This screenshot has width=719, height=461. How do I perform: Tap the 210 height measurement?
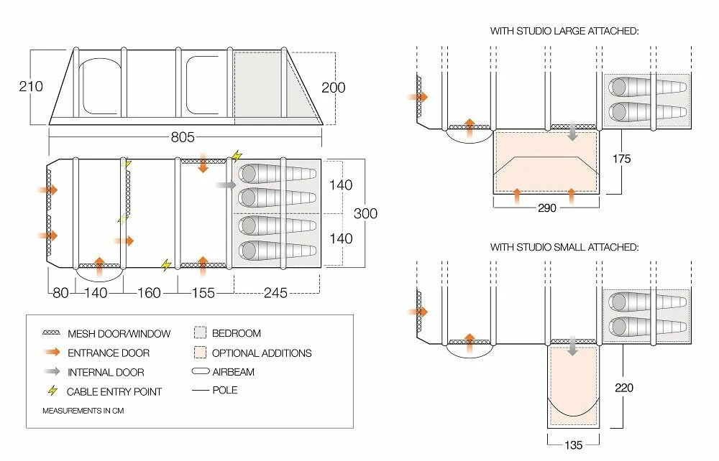[31, 87]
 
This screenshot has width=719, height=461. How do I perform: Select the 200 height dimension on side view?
[333, 88]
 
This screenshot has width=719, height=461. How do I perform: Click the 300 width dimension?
[365, 213]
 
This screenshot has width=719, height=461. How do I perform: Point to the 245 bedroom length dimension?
[276, 293]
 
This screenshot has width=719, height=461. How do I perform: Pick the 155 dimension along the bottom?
[205, 293]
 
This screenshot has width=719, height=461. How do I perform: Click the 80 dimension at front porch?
[60, 293]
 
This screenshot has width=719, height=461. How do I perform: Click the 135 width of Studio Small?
[572, 445]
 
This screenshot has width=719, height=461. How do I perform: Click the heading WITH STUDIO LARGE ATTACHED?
[564, 32]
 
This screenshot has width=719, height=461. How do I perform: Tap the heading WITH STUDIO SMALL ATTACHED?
[564, 247]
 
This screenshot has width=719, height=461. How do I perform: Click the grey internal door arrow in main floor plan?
[226, 185]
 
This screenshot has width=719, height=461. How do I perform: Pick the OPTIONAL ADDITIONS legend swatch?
[200, 353]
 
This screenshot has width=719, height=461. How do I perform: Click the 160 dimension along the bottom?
[149, 293]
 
